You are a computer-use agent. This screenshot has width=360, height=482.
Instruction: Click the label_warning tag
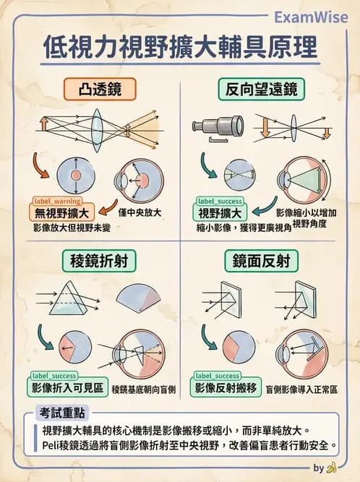57,200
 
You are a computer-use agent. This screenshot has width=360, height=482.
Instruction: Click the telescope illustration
216,126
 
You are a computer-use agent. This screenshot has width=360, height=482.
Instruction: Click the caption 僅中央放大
139,213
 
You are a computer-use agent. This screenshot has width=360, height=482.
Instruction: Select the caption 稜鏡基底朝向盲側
144,390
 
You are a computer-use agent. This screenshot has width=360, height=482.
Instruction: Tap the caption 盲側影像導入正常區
301,389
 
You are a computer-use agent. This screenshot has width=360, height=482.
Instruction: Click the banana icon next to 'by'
333,468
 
